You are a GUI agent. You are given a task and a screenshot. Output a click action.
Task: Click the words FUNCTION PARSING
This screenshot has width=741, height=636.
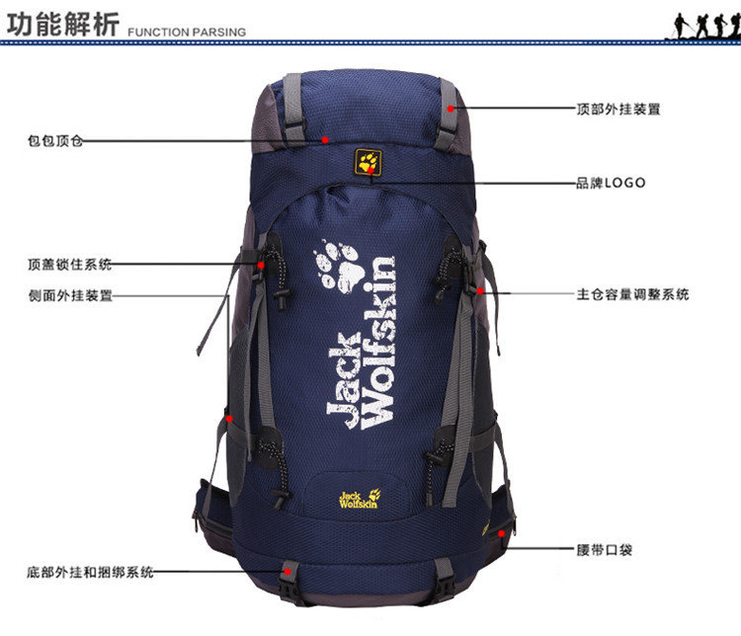(x=186, y=32)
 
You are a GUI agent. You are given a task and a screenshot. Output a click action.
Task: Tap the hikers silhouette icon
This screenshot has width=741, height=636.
(x=704, y=25)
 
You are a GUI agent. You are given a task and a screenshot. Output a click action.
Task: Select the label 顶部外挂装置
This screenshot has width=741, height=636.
(x=618, y=109)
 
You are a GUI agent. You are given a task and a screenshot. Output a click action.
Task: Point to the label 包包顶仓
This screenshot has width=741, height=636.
(x=56, y=141)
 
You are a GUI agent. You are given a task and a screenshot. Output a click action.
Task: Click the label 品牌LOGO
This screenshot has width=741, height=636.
(x=611, y=183)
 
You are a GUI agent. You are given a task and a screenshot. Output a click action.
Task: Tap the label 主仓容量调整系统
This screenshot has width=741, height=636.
(x=632, y=294)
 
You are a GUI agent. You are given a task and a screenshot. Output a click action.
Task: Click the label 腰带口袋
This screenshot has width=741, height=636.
(x=605, y=549)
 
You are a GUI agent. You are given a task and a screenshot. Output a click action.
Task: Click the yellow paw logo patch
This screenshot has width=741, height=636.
(x=369, y=162)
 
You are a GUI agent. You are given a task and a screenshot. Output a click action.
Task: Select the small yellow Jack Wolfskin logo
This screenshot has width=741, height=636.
(x=358, y=499)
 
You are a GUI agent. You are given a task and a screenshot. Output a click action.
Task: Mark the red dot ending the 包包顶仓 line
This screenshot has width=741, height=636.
(x=325, y=140)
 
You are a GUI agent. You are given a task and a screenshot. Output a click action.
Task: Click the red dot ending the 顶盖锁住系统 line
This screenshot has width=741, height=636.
(x=261, y=265)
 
